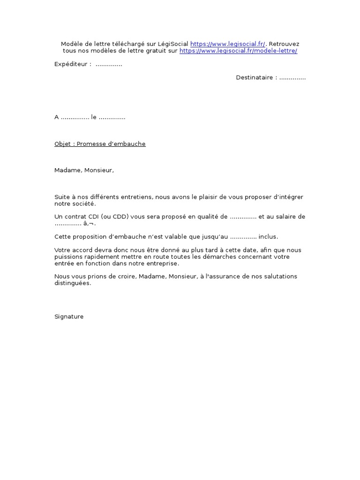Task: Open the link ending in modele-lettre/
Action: [238, 51]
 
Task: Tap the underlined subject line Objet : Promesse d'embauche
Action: [100, 144]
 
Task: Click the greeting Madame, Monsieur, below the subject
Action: [84, 170]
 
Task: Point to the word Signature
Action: [69, 316]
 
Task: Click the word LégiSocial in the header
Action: [173, 44]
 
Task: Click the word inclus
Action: [269, 237]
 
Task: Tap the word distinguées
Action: [72, 283]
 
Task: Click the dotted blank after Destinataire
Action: [292, 78]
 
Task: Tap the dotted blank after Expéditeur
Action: [109, 65]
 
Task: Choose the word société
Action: [85, 203]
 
